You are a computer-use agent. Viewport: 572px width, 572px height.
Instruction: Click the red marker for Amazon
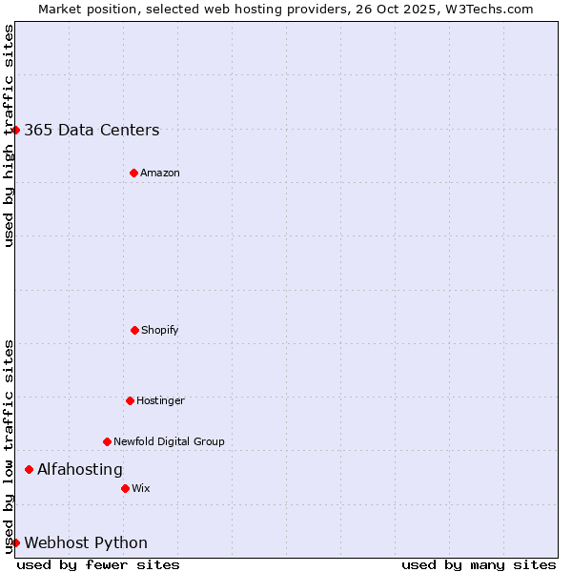133,173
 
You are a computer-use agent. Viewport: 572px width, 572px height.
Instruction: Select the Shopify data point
134,330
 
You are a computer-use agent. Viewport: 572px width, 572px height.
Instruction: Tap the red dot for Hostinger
130,400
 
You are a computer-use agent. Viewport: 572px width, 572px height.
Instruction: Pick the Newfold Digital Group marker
107,441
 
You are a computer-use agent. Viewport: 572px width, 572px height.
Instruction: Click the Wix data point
125,488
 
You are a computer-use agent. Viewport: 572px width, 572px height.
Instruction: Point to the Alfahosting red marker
30,469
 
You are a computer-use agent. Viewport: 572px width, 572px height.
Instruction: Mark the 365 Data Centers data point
16,130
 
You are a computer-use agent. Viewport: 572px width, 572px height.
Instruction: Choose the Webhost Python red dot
16,542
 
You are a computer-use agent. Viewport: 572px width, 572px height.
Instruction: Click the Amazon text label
160,174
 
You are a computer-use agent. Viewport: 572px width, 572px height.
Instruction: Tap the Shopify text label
160,331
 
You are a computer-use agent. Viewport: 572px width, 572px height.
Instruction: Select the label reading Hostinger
160,401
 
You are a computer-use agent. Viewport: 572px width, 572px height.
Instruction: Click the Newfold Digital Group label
169,442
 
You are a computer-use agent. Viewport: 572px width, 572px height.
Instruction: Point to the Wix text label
141,489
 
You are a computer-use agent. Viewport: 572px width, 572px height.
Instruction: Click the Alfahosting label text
80,470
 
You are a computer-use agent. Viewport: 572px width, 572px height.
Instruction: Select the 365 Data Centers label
92,131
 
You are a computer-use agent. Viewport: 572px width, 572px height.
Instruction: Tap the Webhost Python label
86,543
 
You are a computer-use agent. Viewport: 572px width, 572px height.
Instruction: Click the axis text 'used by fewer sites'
98,564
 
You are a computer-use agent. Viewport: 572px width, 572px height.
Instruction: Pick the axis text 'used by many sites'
479,564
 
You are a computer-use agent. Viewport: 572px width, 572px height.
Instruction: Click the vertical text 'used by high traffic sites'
9,135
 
